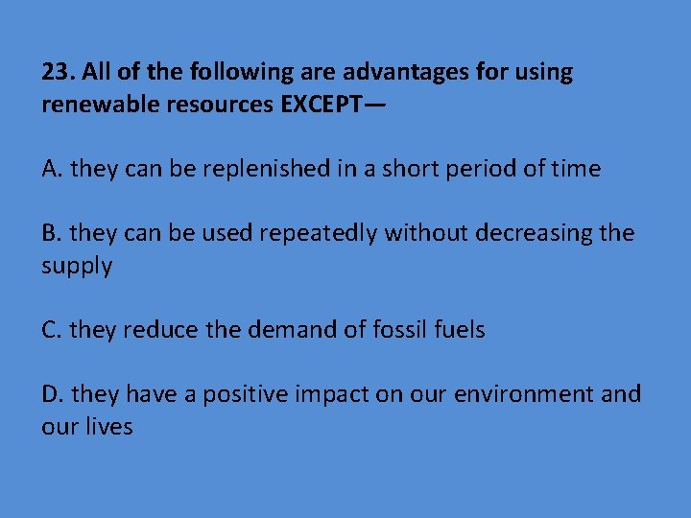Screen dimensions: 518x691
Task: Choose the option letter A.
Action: (x=52, y=170)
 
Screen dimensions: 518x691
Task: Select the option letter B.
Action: (x=52, y=233)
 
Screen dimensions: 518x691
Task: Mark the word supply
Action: (x=77, y=266)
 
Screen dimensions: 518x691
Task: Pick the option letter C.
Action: (x=52, y=330)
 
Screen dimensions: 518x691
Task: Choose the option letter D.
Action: (x=53, y=394)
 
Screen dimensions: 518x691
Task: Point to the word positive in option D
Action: (x=247, y=394)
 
